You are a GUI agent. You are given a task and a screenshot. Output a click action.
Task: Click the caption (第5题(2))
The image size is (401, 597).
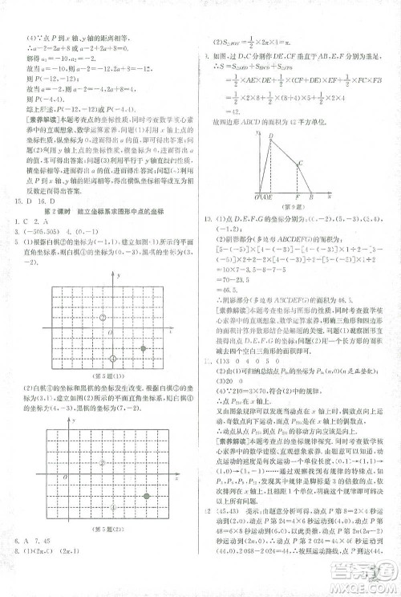[x=110, y=527]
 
